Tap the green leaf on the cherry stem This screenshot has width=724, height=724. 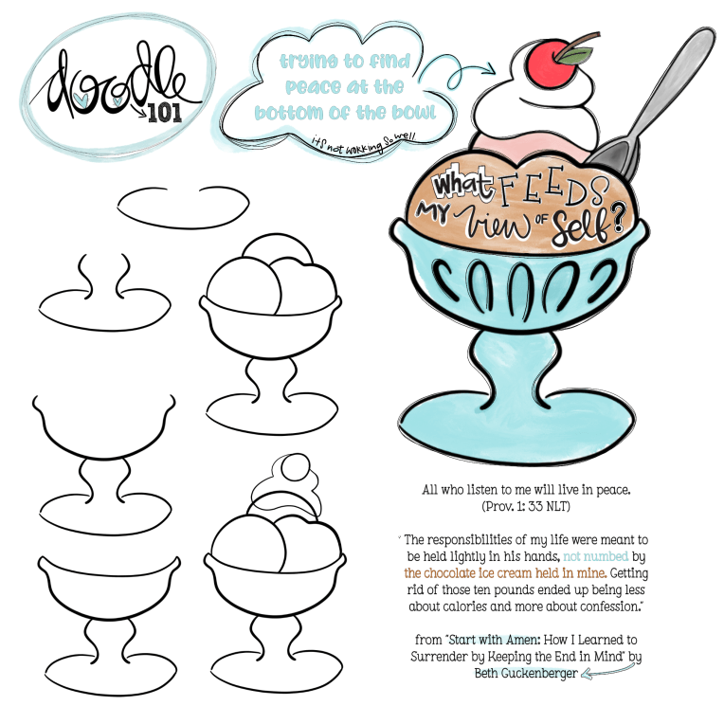tap(574, 55)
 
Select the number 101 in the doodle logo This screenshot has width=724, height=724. tap(165, 112)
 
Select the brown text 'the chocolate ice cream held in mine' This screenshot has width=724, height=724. tap(505, 573)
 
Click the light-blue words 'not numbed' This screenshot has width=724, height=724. tap(596, 556)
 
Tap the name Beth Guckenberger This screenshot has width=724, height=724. tap(526, 673)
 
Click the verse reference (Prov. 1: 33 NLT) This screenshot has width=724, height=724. tap(526, 507)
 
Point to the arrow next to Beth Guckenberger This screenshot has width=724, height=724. tap(607, 670)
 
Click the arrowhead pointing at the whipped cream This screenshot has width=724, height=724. tap(490, 69)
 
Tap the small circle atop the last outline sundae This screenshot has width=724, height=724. tap(296, 467)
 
